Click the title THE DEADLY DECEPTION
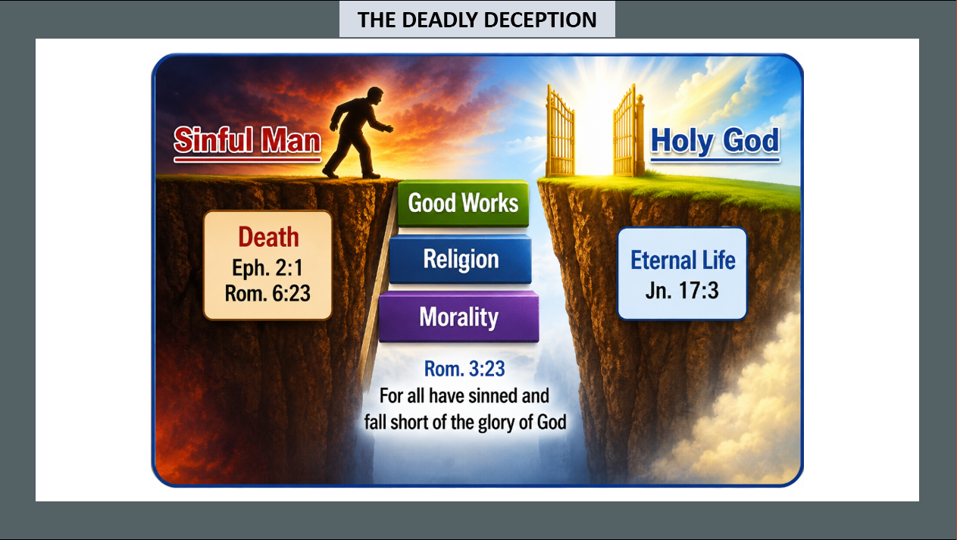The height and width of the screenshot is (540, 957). click(x=477, y=20)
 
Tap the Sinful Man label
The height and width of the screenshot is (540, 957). click(x=247, y=140)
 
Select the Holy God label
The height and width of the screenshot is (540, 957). click(x=715, y=141)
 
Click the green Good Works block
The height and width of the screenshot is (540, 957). click(x=463, y=203)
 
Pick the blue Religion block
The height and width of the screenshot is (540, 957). click(x=461, y=259)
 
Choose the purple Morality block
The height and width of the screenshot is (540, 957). click(x=459, y=317)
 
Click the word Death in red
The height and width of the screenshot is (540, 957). click(x=268, y=237)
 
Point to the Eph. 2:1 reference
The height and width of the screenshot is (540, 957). click(x=267, y=268)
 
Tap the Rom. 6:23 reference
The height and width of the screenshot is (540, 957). click(x=267, y=294)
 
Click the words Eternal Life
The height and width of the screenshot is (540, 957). click(x=683, y=261)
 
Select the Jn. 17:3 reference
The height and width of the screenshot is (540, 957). click(x=682, y=290)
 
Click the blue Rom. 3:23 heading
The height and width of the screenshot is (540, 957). click(x=464, y=369)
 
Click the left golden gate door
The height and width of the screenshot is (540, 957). click(x=560, y=133)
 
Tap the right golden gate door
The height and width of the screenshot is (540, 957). click(x=628, y=133)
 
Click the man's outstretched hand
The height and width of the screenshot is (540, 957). click(x=388, y=128)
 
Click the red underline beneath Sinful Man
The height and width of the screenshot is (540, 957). click(x=247, y=160)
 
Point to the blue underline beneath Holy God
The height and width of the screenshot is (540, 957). click(x=715, y=160)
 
